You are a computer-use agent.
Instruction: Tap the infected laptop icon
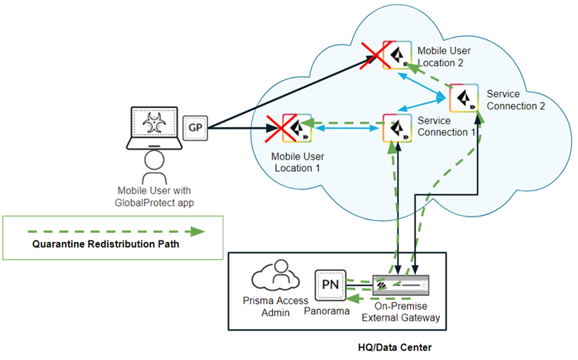pyautogui.click(x=156, y=126)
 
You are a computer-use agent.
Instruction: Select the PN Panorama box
pyautogui.click(x=328, y=284)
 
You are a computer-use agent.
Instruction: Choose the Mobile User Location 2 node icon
pyautogui.click(x=398, y=55)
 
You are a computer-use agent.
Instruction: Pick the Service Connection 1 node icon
pyautogui.click(x=397, y=127)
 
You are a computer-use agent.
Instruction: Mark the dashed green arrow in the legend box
pyautogui.click(x=113, y=230)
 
